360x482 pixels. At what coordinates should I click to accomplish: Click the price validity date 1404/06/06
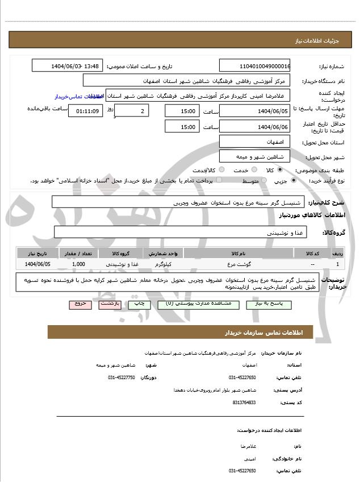(254, 127)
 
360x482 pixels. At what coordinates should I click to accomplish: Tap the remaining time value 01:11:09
(85, 111)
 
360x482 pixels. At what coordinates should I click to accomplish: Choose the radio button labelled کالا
(278, 170)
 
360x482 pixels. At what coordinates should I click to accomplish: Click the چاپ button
(139, 304)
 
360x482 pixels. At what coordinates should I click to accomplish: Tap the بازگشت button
(109, 304)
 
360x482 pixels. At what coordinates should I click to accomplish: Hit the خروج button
(79, 304)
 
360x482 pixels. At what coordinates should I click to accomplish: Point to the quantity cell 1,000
(79, 264)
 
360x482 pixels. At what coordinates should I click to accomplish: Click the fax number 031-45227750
(121, 377)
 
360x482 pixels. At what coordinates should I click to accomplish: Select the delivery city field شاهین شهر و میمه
(254, 156)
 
